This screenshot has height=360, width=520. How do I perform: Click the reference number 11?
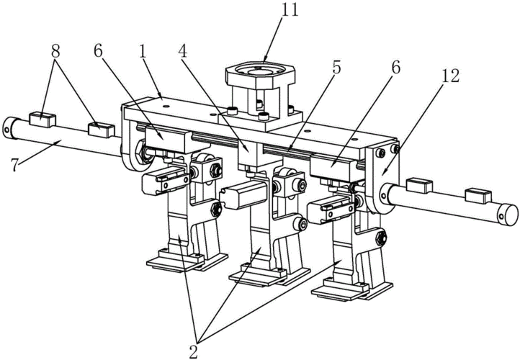coord(290,10)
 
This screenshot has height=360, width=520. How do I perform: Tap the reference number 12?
coord(450,76)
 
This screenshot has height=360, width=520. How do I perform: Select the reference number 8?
coord(55,52)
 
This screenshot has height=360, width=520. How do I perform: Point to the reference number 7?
coord(14,165)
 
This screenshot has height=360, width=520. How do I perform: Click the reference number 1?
coord(143,52)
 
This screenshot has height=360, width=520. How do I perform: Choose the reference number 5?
coord(336,68)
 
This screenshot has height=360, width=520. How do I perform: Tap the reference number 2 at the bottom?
coord(193,351)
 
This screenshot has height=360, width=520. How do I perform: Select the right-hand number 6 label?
coord(395,67)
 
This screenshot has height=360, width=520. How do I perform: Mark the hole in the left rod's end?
coord(7,127)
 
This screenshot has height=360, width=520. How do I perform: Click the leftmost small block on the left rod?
coord(42,120)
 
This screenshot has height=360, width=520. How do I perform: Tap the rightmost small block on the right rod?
coord(478,196)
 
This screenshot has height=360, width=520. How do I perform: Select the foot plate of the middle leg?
coord(269,274)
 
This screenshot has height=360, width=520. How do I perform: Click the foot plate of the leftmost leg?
coord(187,261)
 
